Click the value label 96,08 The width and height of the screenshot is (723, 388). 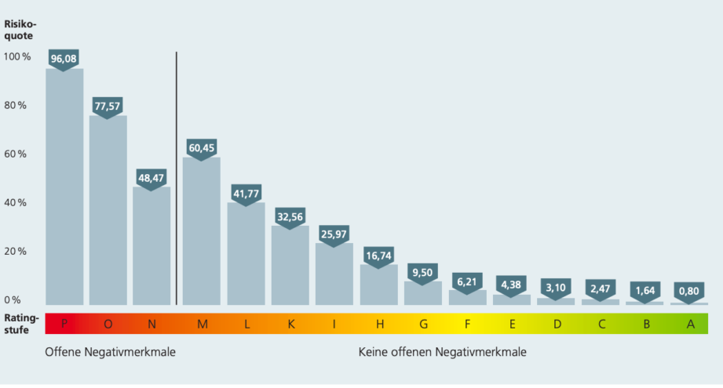[x=64, y=58]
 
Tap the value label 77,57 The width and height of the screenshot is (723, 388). [x=108, y=105]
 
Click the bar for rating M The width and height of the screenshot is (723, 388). [x=202, y=231]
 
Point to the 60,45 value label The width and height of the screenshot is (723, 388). [x=202, y=147]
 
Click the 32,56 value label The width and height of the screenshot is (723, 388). [x=290, y=216]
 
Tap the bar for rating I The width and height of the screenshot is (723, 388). [x=334, y=274]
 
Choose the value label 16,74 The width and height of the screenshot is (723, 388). [x=379, y=255]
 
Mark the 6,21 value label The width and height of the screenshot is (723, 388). [x=467, y=280]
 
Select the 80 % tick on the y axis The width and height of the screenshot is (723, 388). [x=16, y=105]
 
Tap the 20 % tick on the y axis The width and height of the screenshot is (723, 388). [x=16, y=252]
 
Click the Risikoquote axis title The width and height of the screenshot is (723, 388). [x=21, y=29]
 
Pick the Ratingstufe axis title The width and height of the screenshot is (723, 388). [x=21, y=324]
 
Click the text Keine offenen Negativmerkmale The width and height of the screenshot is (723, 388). [x=443, y=352]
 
